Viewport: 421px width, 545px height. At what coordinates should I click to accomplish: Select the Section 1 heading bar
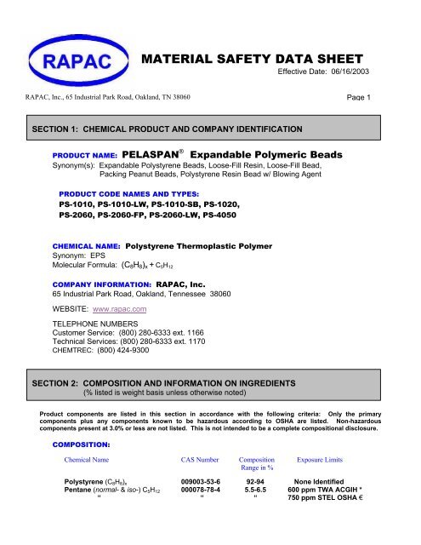[210, 129]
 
